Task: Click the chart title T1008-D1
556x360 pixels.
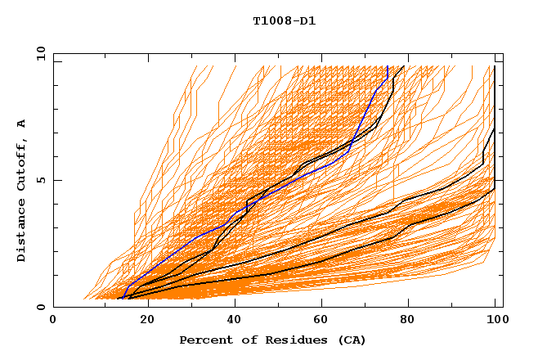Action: pyautogui.click(x=285, y=21)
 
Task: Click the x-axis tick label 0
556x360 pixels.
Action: pyautogui.click(x=53, y=320)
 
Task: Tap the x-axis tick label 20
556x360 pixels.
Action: pyautogui.click(x=141, y=320)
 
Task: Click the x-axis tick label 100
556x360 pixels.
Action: pyautogui.click(x=494, y=320)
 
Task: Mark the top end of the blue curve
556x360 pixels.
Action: pyautogui.click(x=387, y=67)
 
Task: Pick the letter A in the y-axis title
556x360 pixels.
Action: pyautogui.click(x=21, y=123)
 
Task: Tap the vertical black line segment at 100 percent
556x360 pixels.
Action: pyautogui.click(x=495, y=98)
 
